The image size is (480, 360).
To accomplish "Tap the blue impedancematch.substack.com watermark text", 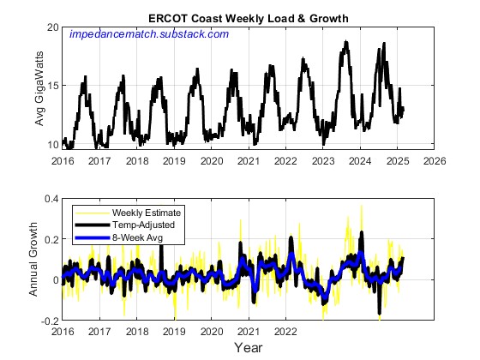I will pyautogui.click(x=148, y=34).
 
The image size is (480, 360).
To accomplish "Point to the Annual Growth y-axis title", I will pyautogui.click(x=34, y=258).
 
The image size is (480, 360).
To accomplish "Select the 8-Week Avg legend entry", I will pyautogui.click(x=137, y=234).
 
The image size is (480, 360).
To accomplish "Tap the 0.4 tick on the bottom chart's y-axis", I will pyautogui.click(x=50, y=199).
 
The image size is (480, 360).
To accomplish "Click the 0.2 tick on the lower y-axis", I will pyautogui.click(x=50, y=239).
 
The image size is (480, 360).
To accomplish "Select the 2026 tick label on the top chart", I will pyautogui.click(x=435, y=160).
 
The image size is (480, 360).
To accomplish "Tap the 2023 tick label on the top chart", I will pyautogui.click(x=323, y=160).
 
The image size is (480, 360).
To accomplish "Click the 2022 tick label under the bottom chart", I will pyautogui.click(x=286, y=331).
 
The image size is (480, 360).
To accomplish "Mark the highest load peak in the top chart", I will pyautogui.click(x=345, y=42).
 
